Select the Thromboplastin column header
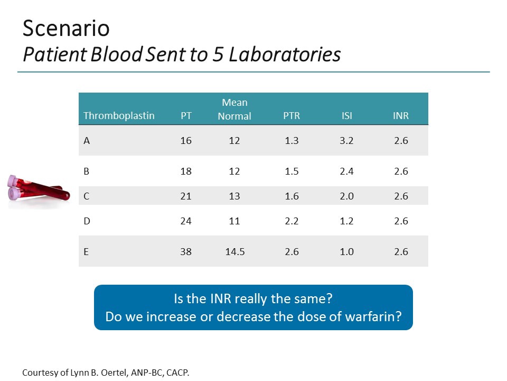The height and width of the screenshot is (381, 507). coord(119,116)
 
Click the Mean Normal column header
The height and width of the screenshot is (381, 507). coord(234,109)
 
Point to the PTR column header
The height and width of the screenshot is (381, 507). coord(292,116)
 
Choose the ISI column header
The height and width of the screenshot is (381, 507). coord(346,116)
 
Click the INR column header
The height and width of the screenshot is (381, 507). coord(401,116)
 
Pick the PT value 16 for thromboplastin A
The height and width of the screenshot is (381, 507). coord(186,141)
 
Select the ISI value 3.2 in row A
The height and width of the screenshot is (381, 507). coord(346,141)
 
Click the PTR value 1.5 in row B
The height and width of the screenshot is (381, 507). coord(292,171)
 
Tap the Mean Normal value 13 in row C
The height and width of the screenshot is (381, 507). coord(234,196)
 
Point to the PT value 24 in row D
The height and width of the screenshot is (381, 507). coord(186,221)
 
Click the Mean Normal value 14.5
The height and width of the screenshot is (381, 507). coord(234,252)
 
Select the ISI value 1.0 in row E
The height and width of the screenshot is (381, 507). coord(346,252)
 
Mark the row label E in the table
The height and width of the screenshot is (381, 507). coord(87,252)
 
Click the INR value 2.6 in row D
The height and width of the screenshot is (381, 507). coord(401,221)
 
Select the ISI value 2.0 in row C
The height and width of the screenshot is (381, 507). coord(346,196)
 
